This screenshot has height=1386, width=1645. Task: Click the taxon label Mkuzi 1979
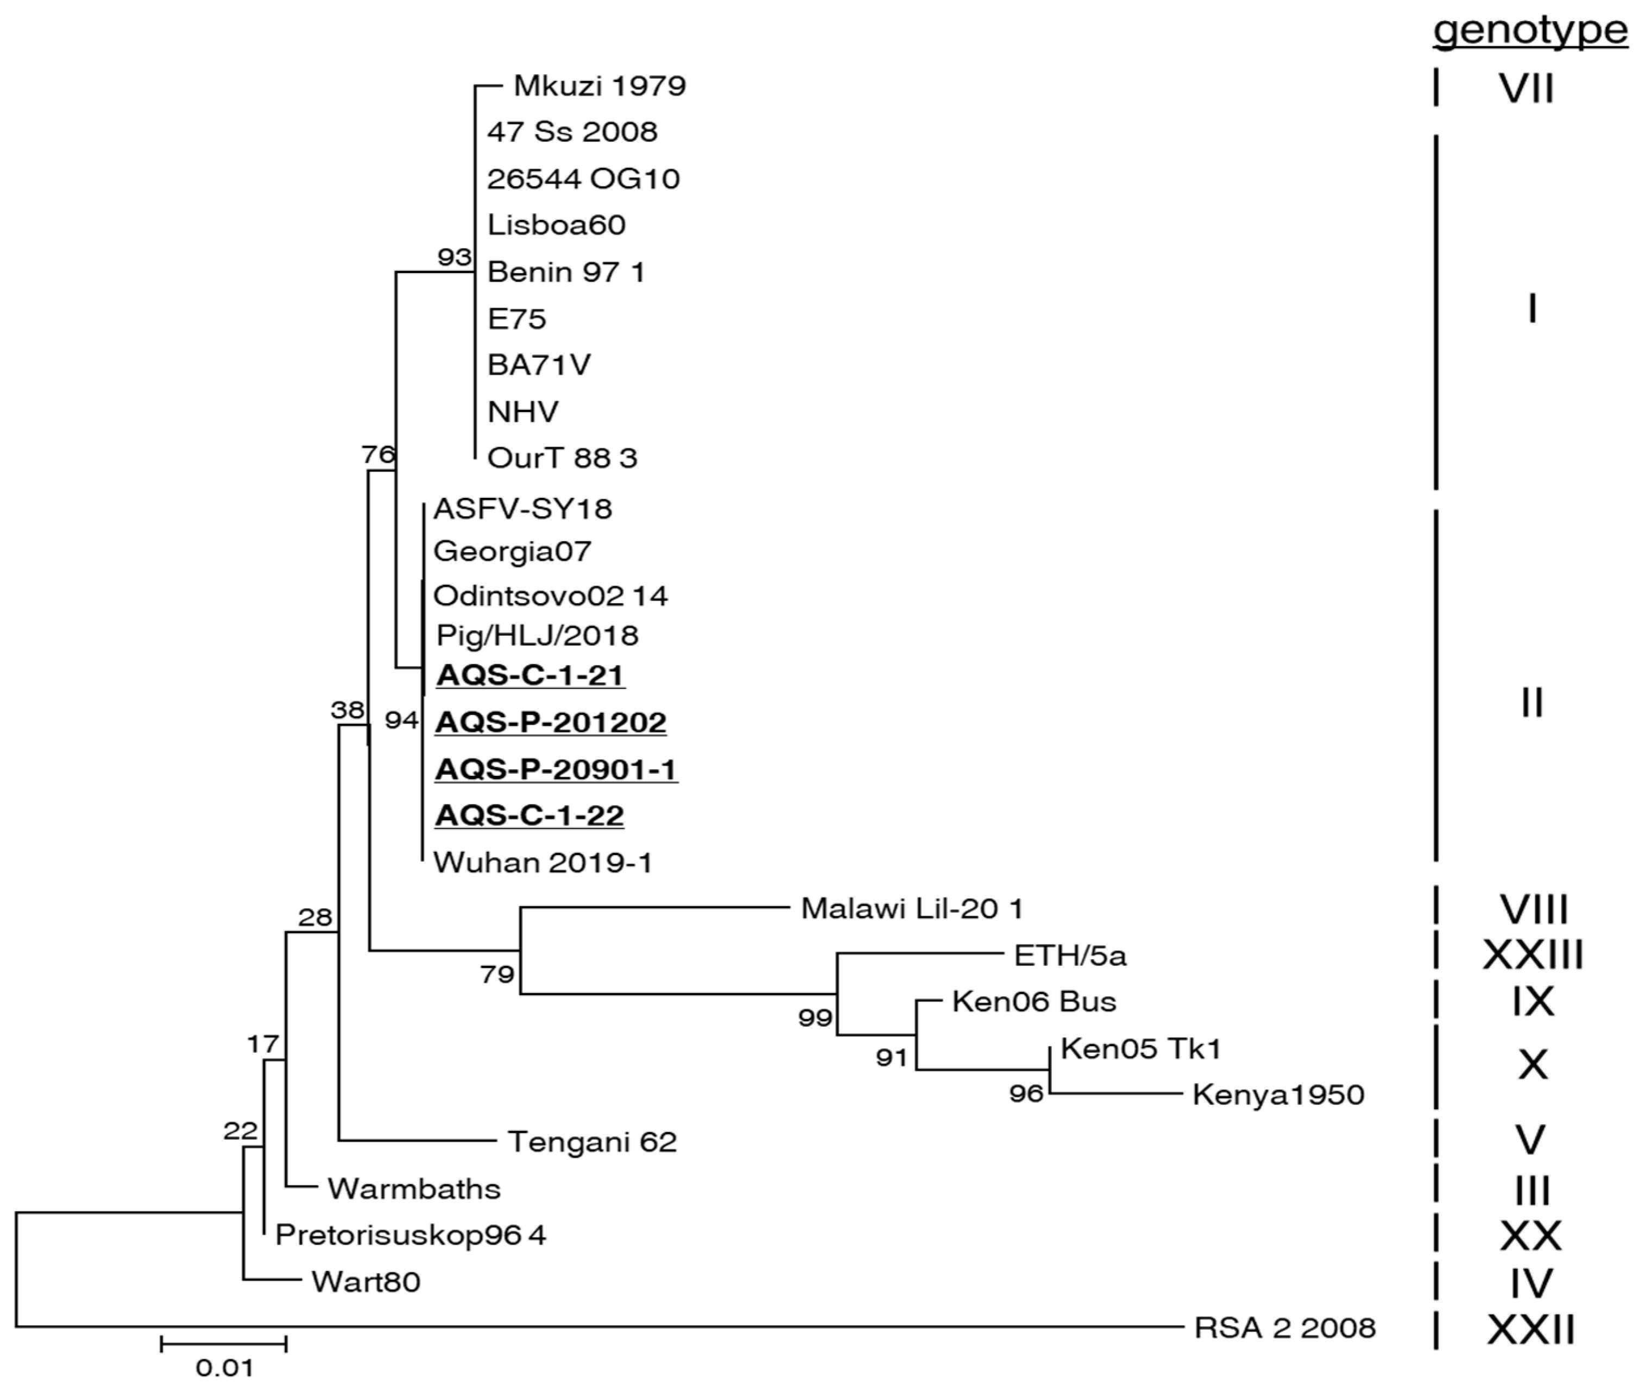point(599,86)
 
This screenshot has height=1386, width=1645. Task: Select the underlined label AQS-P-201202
point(550,722)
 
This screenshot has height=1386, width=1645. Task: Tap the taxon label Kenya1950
point(1278,1094)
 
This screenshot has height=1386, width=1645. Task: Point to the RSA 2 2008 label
point(1284,1328)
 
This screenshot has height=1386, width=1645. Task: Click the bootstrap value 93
point(454,257)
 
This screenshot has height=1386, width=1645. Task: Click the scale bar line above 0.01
point(223,1344)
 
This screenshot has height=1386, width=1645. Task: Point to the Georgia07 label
point(512,552)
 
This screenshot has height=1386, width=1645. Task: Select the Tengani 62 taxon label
point(592,1142)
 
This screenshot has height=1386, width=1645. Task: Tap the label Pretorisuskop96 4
point(410,1235)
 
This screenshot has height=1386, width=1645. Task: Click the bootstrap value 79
point(497,974)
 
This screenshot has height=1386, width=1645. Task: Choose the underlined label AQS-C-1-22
point(529,815)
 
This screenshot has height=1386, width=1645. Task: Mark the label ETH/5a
point(1070,955)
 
